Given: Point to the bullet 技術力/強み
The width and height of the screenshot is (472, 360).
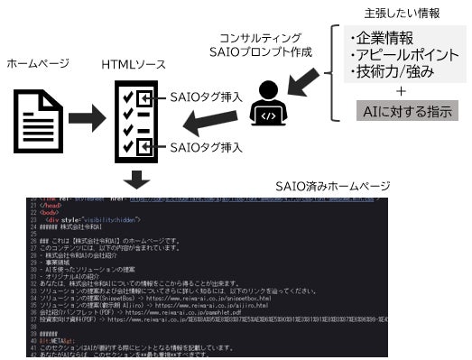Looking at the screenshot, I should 393,72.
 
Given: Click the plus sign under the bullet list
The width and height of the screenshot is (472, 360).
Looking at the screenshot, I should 400,90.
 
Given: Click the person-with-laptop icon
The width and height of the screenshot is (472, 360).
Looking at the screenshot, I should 268,100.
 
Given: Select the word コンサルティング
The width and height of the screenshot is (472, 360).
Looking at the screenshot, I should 268,40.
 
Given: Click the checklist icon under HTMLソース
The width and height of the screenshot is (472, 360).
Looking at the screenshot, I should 134,121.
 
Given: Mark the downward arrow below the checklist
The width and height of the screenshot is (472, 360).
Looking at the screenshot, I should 136,180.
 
